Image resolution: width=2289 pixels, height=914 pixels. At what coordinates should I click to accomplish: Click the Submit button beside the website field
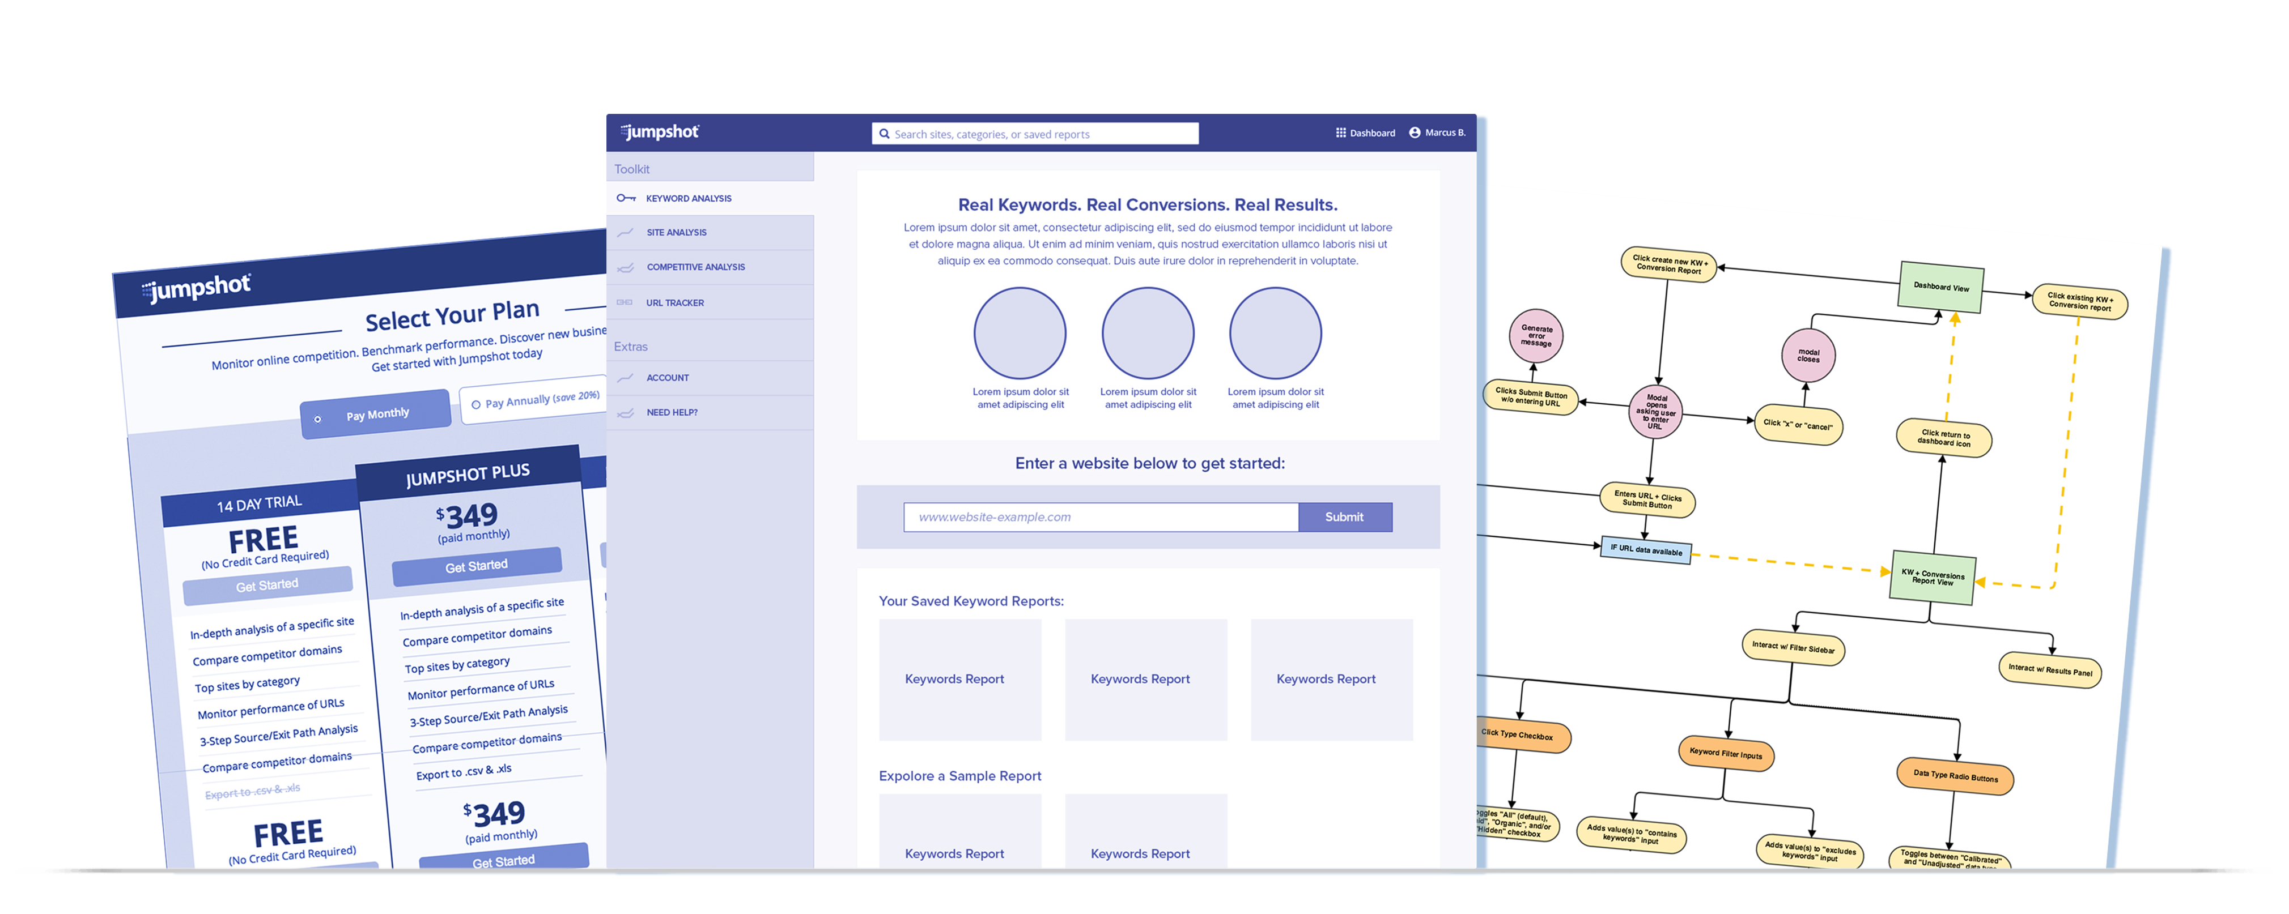(x=1344, y=517)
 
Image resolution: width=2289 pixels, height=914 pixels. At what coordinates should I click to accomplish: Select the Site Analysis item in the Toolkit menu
(x=676, y=233)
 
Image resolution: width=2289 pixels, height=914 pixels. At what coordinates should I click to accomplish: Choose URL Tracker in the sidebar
(x=674, y=303)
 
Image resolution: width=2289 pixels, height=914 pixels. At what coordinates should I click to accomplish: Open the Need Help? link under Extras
(x=672, y=413)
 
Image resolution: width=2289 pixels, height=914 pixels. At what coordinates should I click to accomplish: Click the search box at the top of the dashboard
(x=1035, y=134)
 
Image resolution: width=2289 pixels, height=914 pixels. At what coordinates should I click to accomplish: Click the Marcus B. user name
(x=1444, y=133)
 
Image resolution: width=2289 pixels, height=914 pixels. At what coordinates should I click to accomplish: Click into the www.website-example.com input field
(x=1100, y=517)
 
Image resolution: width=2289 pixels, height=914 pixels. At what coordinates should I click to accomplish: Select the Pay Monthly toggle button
(x=376, y=415)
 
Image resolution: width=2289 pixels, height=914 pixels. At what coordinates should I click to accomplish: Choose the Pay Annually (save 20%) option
(x=536, y=400)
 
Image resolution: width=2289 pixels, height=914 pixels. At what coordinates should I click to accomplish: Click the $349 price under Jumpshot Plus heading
(x=468, y=516)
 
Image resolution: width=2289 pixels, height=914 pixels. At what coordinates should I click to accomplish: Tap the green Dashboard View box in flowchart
(x=1940, y=287)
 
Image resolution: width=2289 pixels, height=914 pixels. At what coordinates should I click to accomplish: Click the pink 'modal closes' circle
(x=1808, y=355)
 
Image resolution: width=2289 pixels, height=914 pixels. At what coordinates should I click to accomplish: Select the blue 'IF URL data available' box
(x=1646, y=550)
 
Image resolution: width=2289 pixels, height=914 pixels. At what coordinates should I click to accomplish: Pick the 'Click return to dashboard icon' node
(x=1943, y=438)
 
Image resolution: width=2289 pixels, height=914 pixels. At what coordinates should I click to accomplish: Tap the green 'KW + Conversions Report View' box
(x=1933, y=578)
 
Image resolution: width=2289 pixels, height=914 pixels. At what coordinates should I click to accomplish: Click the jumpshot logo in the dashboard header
(x=660, y=133)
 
